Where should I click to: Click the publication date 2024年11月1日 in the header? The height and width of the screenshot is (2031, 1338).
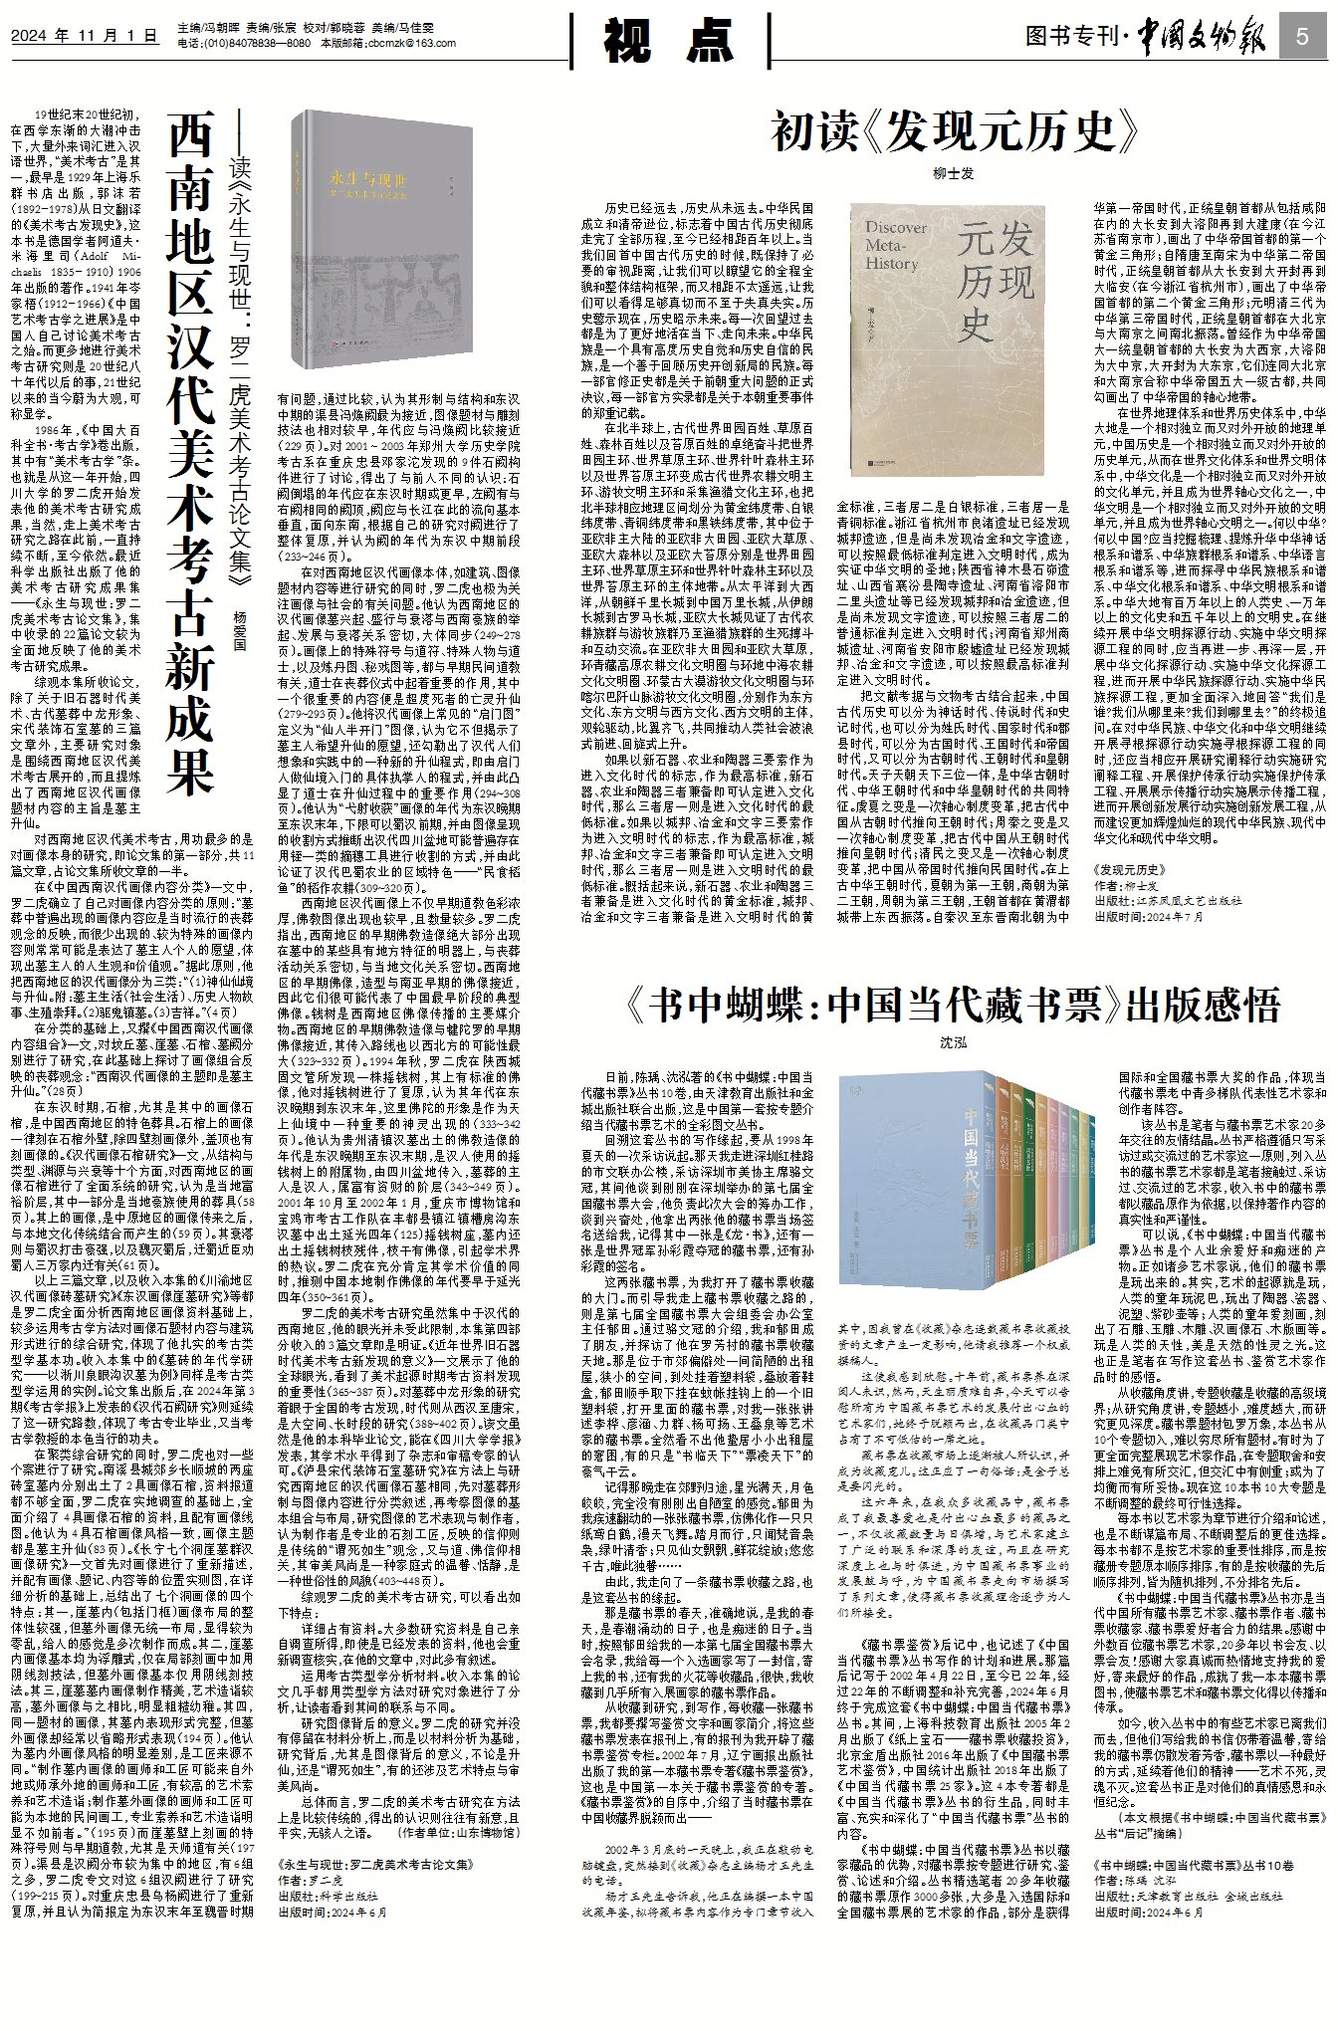(86, 37)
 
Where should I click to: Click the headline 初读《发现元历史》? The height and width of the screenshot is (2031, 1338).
(955, 131)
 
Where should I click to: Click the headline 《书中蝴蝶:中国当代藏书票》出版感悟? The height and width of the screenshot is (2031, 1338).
(954, 1007)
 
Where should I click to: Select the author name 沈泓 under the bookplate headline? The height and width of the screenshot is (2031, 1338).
(954, 1043)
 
